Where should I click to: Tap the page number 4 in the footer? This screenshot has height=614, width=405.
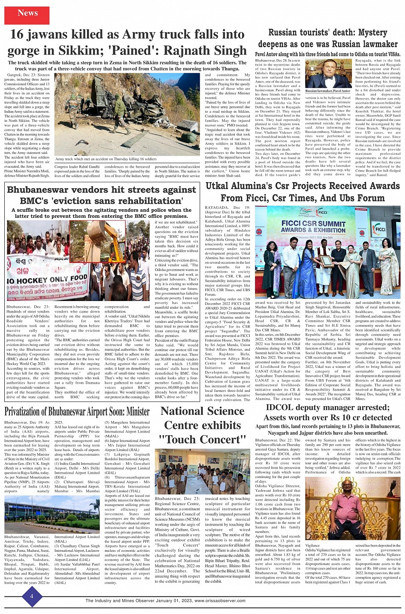(32, 596)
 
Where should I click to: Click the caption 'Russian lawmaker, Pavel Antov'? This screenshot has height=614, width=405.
(328, 91)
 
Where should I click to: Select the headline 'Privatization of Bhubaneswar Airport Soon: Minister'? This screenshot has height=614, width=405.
(77, 412)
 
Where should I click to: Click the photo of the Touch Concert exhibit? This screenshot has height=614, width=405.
(202, 472)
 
